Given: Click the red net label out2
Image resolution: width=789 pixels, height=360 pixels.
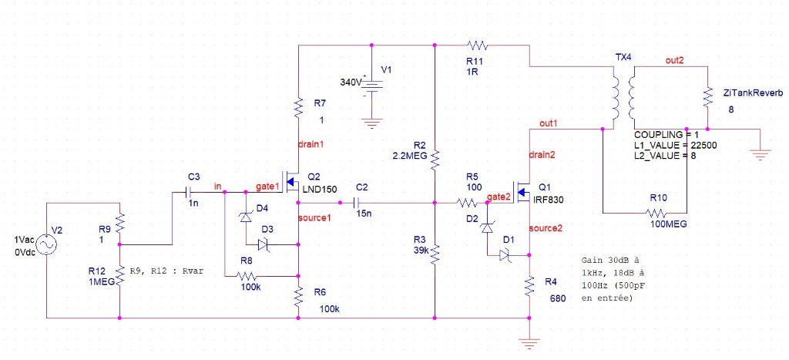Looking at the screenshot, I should (675, 60).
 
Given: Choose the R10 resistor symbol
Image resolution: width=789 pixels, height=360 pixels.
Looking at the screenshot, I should (656, 212).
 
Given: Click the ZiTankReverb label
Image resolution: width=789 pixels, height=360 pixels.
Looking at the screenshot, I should (753, 93).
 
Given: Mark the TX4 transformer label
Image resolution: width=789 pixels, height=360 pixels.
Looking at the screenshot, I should (623, 58).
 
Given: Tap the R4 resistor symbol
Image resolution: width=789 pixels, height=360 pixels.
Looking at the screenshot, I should (529, 287).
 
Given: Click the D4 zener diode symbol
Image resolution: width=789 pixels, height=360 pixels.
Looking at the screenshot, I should (246, 217).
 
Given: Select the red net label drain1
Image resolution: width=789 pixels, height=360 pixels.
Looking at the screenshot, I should (311, 144).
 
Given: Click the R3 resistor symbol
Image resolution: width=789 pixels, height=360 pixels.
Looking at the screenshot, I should (435, 253).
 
